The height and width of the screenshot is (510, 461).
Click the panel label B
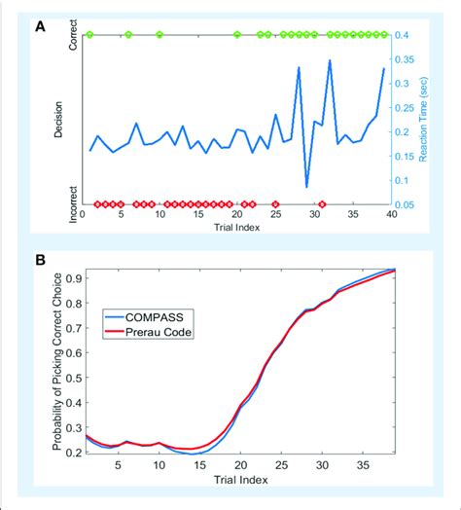[40, 260]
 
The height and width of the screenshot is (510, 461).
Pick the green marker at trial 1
[90, 35]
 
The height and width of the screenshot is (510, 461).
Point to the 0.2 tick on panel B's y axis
[71, 451]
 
